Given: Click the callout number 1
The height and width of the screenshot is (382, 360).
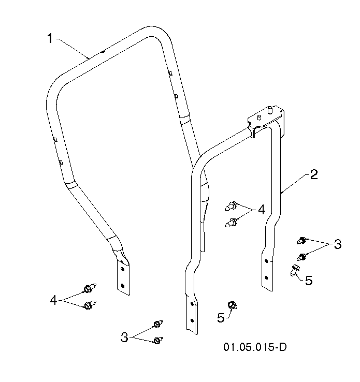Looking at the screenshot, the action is click(50, 39).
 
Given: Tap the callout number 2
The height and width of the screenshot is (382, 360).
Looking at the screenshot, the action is click(314, 174).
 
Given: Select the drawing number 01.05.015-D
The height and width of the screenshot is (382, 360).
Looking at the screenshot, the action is click(255, 347).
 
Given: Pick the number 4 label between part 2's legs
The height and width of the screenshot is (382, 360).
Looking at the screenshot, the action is click(262, 210).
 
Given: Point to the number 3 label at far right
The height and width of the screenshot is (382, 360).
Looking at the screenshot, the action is click(338, 244).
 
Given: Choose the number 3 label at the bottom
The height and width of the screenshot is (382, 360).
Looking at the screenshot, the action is click(124, 337).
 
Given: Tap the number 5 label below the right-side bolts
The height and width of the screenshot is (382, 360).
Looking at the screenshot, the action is click(309, 281).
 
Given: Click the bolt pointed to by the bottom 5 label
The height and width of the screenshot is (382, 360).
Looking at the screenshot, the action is click(232, 305).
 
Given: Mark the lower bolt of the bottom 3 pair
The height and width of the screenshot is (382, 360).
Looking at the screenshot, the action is click(158, 340).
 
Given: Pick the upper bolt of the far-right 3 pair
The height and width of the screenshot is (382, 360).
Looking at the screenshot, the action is click(302, 241).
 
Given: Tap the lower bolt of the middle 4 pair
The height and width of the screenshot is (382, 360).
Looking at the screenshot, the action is click(231, 222).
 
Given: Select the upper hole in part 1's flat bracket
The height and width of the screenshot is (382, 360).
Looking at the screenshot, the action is click(122, 269).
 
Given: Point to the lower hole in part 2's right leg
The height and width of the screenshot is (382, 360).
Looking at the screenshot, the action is click(266, 277).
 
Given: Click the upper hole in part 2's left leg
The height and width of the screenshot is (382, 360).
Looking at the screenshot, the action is click(192, 304).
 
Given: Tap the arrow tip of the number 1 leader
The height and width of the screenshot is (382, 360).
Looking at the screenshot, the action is click(89, 58).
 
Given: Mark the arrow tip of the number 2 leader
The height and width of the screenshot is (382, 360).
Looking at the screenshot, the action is click(281, 193).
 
